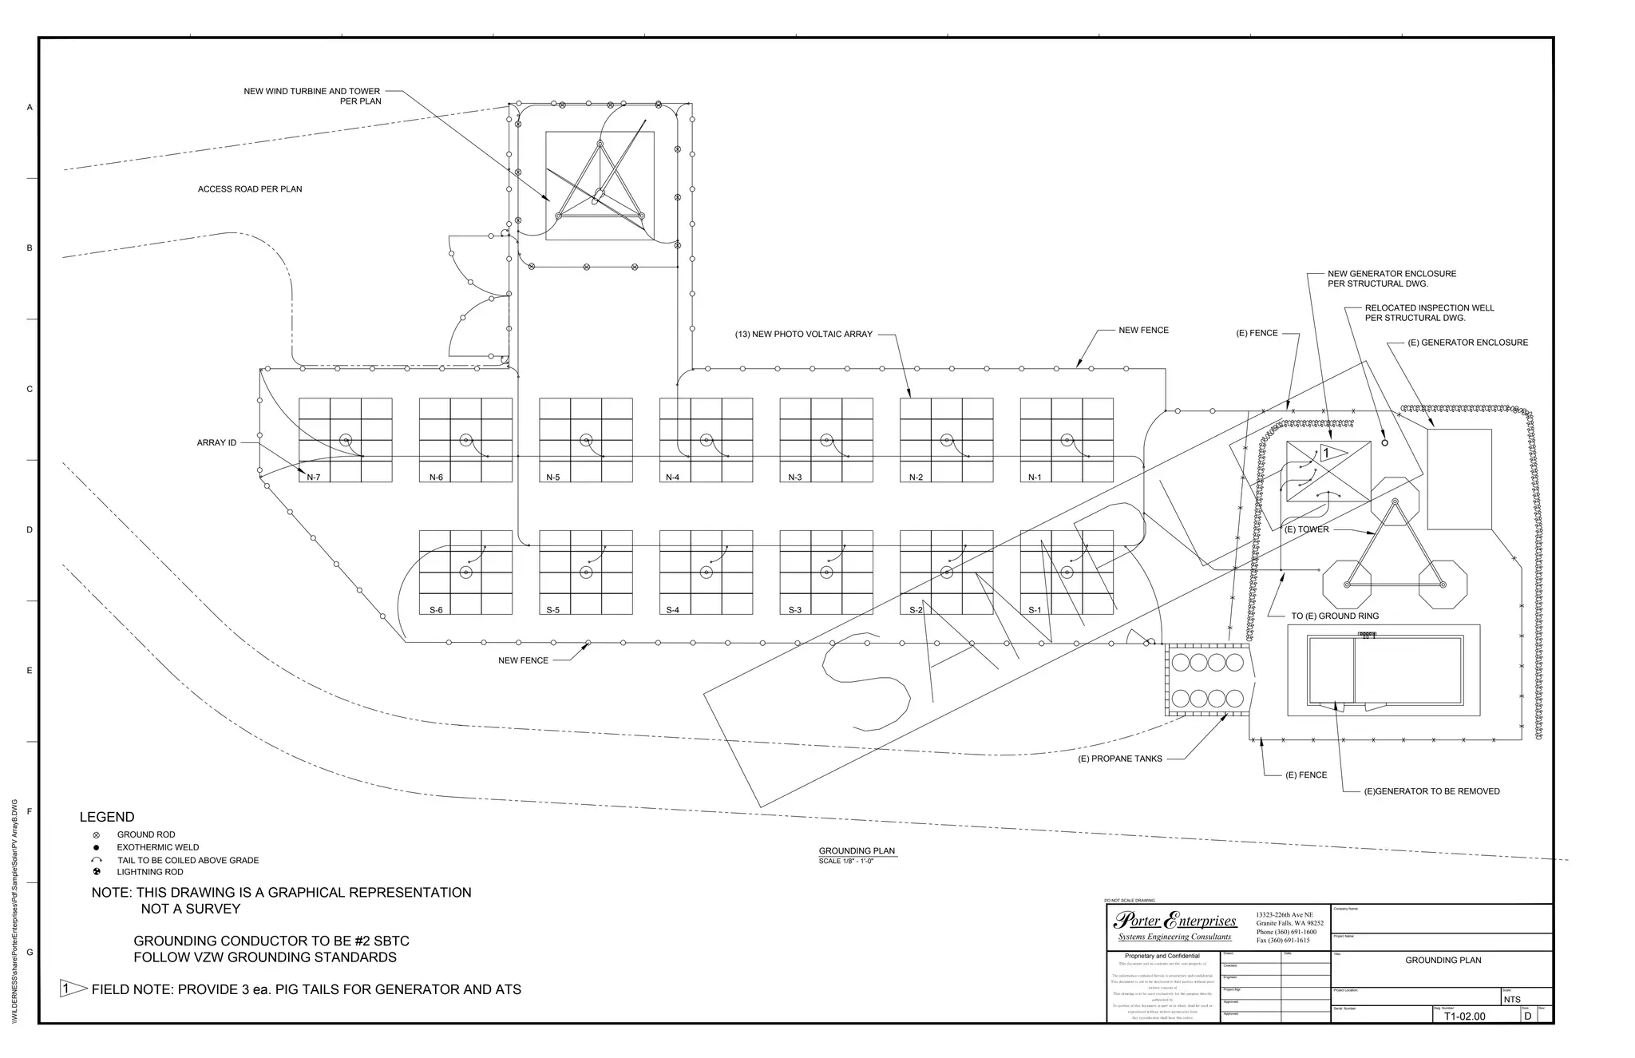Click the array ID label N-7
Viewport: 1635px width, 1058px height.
click(x=314, y=477)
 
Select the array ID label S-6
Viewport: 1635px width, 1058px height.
click(x=436, y=610)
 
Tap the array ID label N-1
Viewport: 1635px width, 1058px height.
click(x=1035, y=477)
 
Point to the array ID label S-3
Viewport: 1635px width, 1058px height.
click(x=795, y=610)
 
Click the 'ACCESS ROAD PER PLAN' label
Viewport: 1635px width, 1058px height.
click(x=250, y=189)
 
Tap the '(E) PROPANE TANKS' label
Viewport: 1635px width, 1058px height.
click(x=1120, y=759)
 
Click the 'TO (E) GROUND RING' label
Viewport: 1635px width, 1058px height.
click(x=1335, y=616)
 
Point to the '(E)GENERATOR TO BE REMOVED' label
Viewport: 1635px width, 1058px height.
click(x=1432, y=791)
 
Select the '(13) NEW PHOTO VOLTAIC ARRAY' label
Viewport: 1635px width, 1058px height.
click(x=803, y=334)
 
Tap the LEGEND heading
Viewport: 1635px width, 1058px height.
click(x=107, y=817)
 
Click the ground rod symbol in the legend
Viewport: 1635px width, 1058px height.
click(x=97, y=834)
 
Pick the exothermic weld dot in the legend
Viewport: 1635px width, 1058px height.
click(x=97, y=847)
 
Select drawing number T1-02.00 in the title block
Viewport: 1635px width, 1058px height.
click(x=1464, y=1016)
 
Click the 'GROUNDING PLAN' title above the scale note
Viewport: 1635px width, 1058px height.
click(x=857, y=850)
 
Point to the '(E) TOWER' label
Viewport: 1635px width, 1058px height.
click(x=1307, y=529)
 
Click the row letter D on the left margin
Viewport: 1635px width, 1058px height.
click(x=30, y=529)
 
